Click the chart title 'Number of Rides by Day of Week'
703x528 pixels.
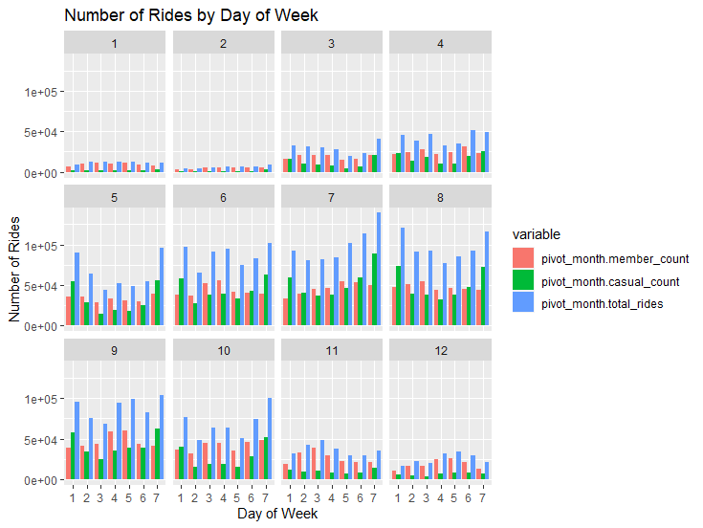click(190, 15)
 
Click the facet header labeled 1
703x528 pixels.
click(115, 44)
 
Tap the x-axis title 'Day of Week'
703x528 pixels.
click(276, 514)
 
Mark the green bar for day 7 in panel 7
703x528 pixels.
click(374, 290)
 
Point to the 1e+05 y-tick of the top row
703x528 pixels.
click(42, 92)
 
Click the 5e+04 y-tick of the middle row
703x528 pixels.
click(42, 286)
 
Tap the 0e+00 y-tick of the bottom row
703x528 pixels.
click(42, 479)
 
